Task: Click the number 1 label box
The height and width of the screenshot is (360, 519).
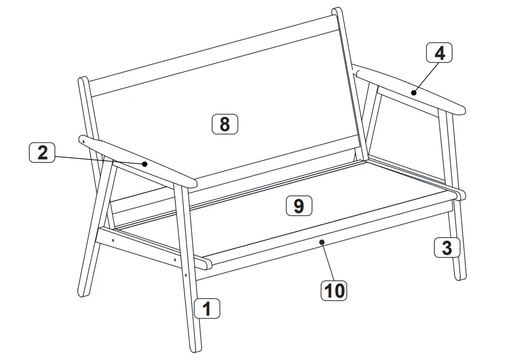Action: coord(207,309)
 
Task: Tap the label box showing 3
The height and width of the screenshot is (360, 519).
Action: coord(447,248)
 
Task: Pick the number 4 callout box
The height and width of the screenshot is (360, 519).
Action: coord(439,53)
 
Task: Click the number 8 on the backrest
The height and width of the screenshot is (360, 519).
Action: coord(225,124)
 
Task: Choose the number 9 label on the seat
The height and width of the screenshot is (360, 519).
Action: coord(299,206)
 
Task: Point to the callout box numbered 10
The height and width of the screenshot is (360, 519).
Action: coord(334,290)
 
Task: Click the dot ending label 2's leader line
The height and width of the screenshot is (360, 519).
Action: coord(145,164)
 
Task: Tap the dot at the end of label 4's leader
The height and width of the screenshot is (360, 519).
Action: coord(413,93)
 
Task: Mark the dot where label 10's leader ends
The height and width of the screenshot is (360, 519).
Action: coord(321,241)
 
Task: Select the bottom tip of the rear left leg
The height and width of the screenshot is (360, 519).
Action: coord(82,293)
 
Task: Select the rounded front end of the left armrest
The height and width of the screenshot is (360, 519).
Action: coord(192,183)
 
